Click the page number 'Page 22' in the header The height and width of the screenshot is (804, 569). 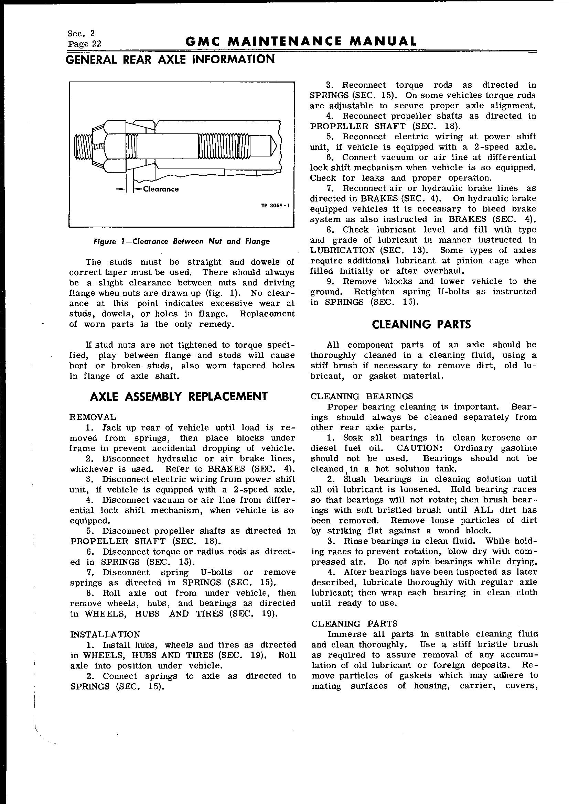pos(84,44)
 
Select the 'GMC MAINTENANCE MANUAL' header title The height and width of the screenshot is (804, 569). pos(301,41)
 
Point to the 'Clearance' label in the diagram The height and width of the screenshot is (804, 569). pos(161,189)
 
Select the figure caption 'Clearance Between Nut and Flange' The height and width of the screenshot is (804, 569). pos(182,241)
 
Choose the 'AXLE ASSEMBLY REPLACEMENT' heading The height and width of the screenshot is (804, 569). pos(179,396)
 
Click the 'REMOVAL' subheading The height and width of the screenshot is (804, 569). pos(93,417)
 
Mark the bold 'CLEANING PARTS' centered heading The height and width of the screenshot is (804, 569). pos(421,325)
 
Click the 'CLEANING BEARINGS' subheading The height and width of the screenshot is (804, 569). pos(362,396)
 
